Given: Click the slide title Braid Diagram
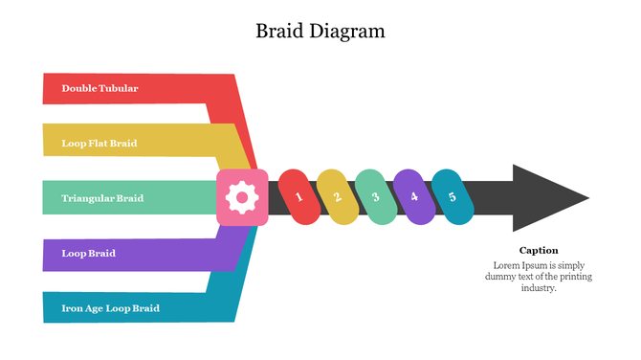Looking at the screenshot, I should [320, 31].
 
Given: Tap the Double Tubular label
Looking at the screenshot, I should [99, 88].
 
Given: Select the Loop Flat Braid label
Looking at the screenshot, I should [99, 144].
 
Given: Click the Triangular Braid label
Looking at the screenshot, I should [102, 198].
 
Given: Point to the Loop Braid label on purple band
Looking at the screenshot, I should [88, 254].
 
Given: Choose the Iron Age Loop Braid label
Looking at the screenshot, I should [110, 308].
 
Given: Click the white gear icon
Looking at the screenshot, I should [242, 198].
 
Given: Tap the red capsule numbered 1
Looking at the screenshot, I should [298, 197].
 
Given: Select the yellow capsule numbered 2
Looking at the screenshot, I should [337, 197].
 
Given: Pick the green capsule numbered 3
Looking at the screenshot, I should [375, 197].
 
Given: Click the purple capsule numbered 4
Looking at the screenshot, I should [413, 197].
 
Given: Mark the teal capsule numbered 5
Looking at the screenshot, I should [452, 197].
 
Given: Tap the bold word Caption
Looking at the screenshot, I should [539, 250].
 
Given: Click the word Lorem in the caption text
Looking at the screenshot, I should [506, 264].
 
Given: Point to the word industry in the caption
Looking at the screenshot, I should [538, 287].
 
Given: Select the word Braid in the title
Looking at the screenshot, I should [278, 31].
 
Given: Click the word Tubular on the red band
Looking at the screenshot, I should [118, 88].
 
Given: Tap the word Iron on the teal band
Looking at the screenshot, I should [71, 308].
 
